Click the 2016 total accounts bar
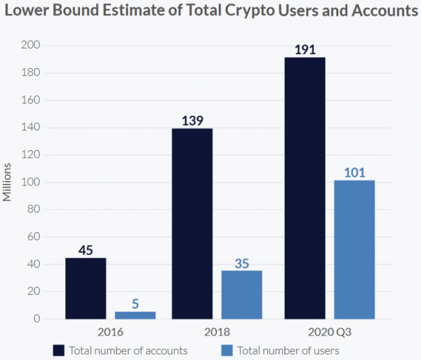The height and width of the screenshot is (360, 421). (x=86, y=288)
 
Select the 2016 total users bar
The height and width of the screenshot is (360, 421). (x=135, y=315)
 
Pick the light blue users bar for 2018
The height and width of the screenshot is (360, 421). (x=241, y=295)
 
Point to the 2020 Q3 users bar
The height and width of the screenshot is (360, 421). (x=354, y=249)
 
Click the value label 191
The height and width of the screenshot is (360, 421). (x=305, y=50)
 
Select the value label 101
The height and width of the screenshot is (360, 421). (x=354, y=173)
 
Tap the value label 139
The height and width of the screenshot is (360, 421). (x=192, y=121)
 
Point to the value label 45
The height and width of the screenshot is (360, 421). (x=86, y=250)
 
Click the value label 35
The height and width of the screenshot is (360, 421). (x=241, y=263)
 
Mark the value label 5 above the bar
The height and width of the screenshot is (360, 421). (x=135, y=305)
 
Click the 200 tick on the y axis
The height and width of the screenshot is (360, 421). (x=33, y=46)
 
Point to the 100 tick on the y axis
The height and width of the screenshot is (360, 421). (x=33, y=182)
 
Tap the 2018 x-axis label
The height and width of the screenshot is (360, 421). (x=217, y=331)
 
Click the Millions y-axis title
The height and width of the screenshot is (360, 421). (x=8, y=182)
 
